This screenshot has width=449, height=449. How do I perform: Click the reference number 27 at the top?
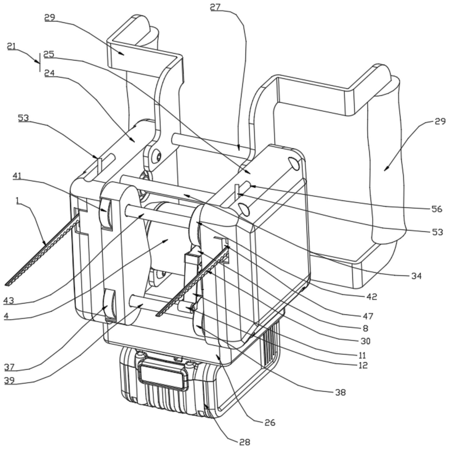point(215,7)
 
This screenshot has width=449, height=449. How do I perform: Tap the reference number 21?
point(11,46)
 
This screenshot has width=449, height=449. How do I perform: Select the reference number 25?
point(49,54)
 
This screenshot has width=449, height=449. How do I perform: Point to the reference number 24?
point(49,73)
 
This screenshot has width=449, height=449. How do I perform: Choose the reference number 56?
point(437,209)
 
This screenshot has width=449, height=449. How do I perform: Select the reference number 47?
point(368,316)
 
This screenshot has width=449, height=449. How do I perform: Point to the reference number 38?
point(341,392)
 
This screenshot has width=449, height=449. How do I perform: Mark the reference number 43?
point(8,300)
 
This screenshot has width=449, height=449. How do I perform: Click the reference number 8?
point(366,328)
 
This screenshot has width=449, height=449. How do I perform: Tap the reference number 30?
point(366,341)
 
